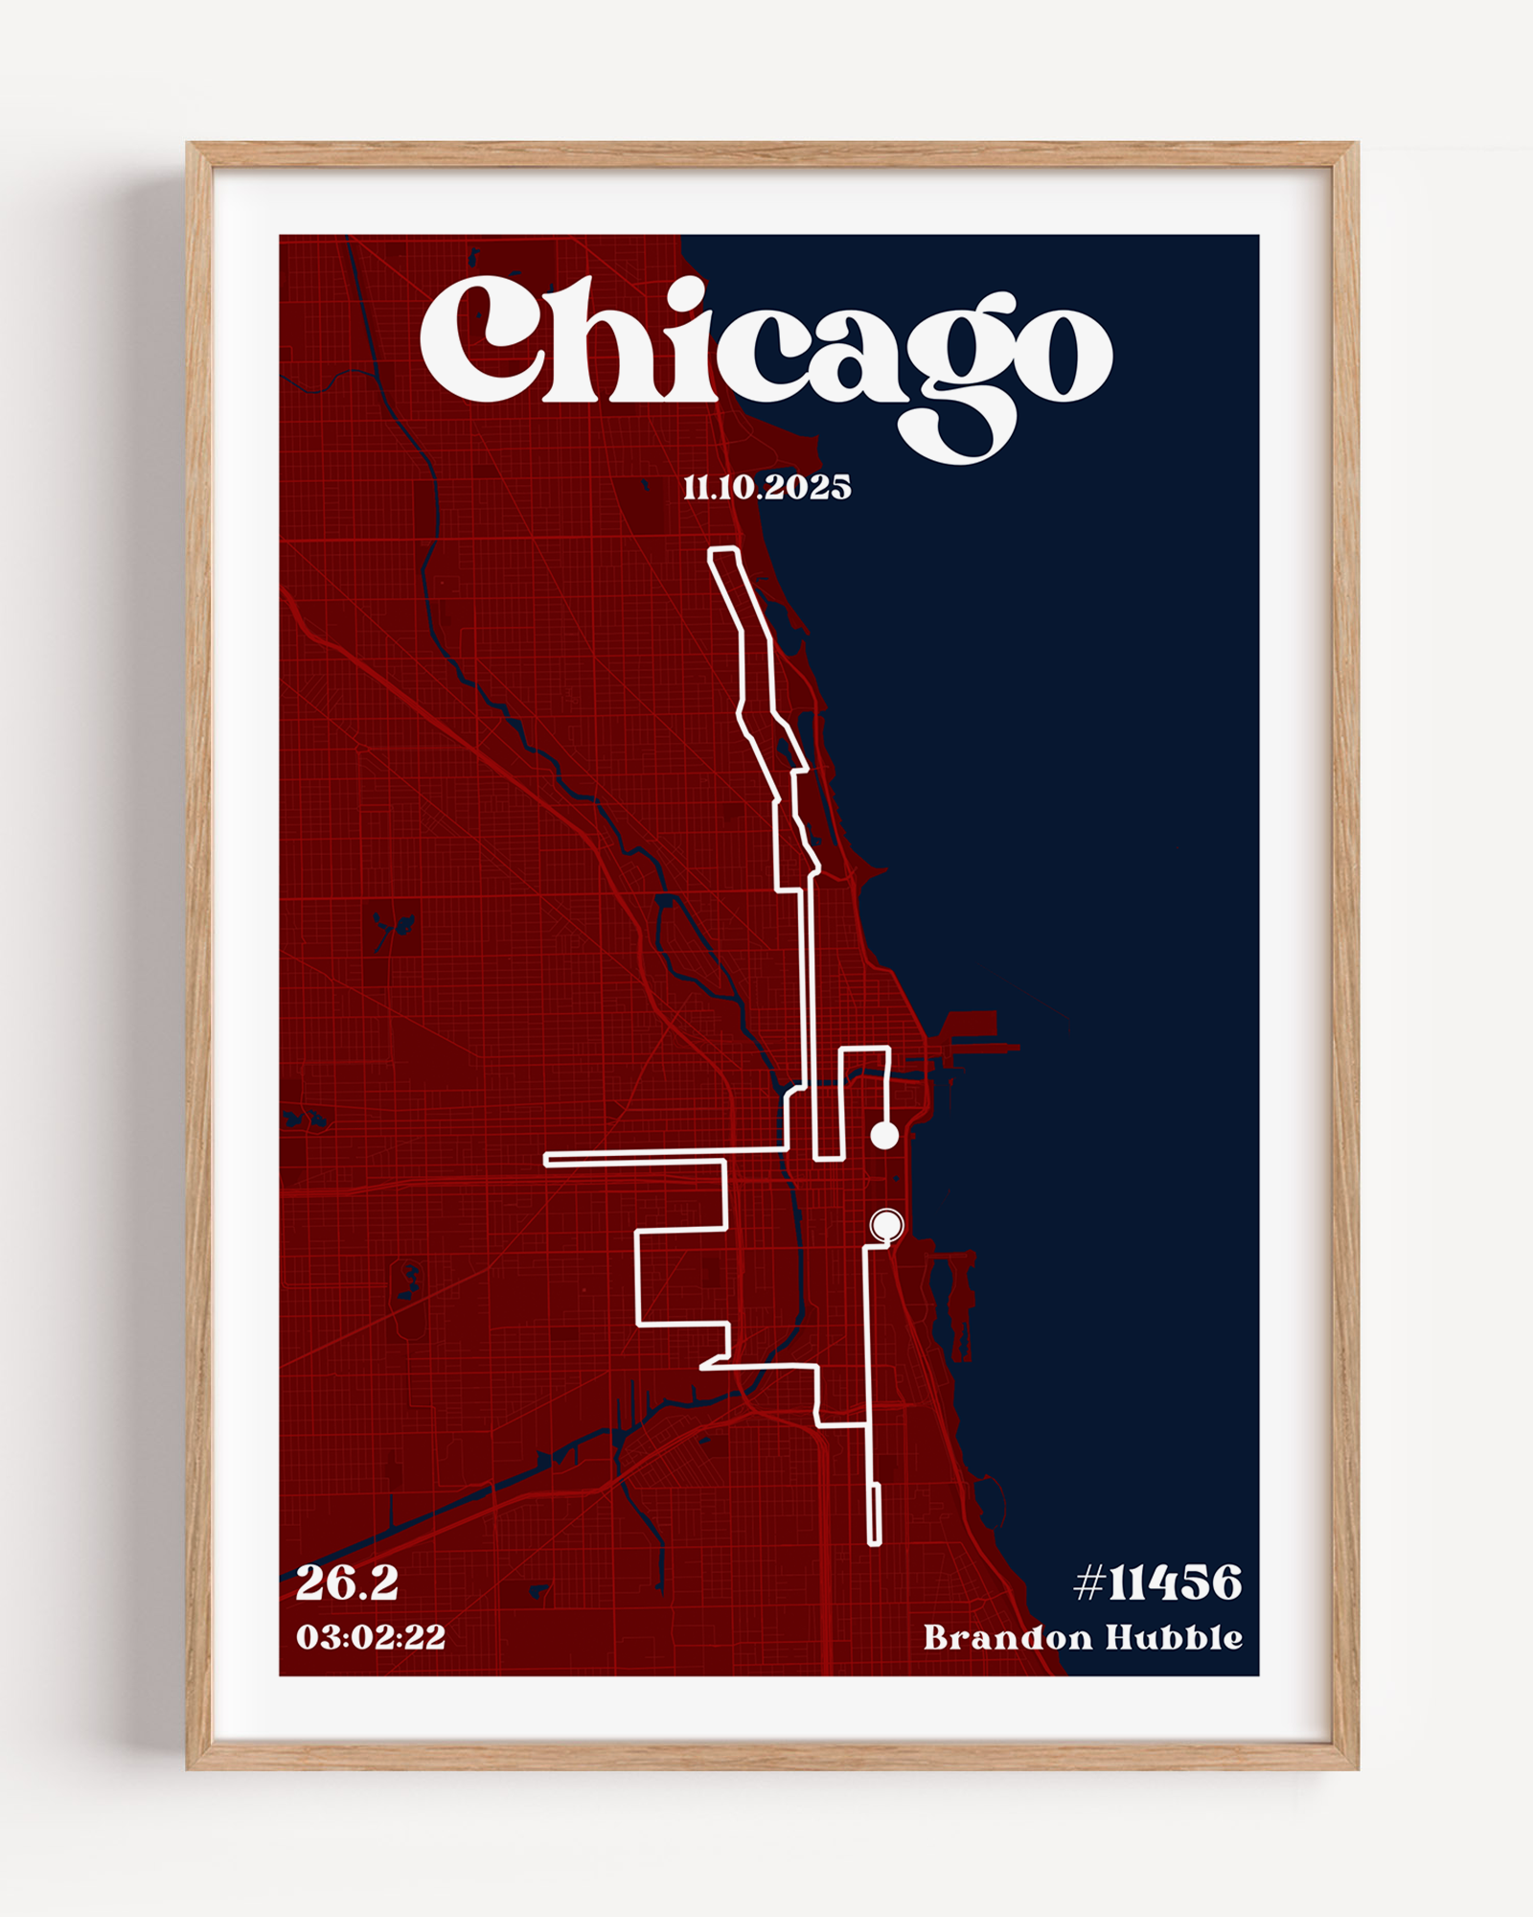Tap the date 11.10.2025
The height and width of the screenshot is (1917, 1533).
point(766,488)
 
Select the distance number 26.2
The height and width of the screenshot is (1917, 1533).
point(347,1583)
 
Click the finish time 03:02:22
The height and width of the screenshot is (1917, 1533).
point(371,1636)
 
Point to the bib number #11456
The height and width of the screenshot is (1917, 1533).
point(1157,1583)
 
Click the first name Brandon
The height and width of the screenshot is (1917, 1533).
point(1008,1637)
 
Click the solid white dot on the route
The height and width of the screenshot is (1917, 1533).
point(884,1136)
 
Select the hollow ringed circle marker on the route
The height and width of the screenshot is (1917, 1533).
point(886,1225)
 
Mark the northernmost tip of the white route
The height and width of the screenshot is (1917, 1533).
point(722,549)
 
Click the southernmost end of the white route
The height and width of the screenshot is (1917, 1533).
point(874,1543)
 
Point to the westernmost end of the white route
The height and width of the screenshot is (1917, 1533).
point(546,1161)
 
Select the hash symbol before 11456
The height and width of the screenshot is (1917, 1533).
point(1089,1583)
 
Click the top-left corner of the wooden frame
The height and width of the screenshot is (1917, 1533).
point(189,145)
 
